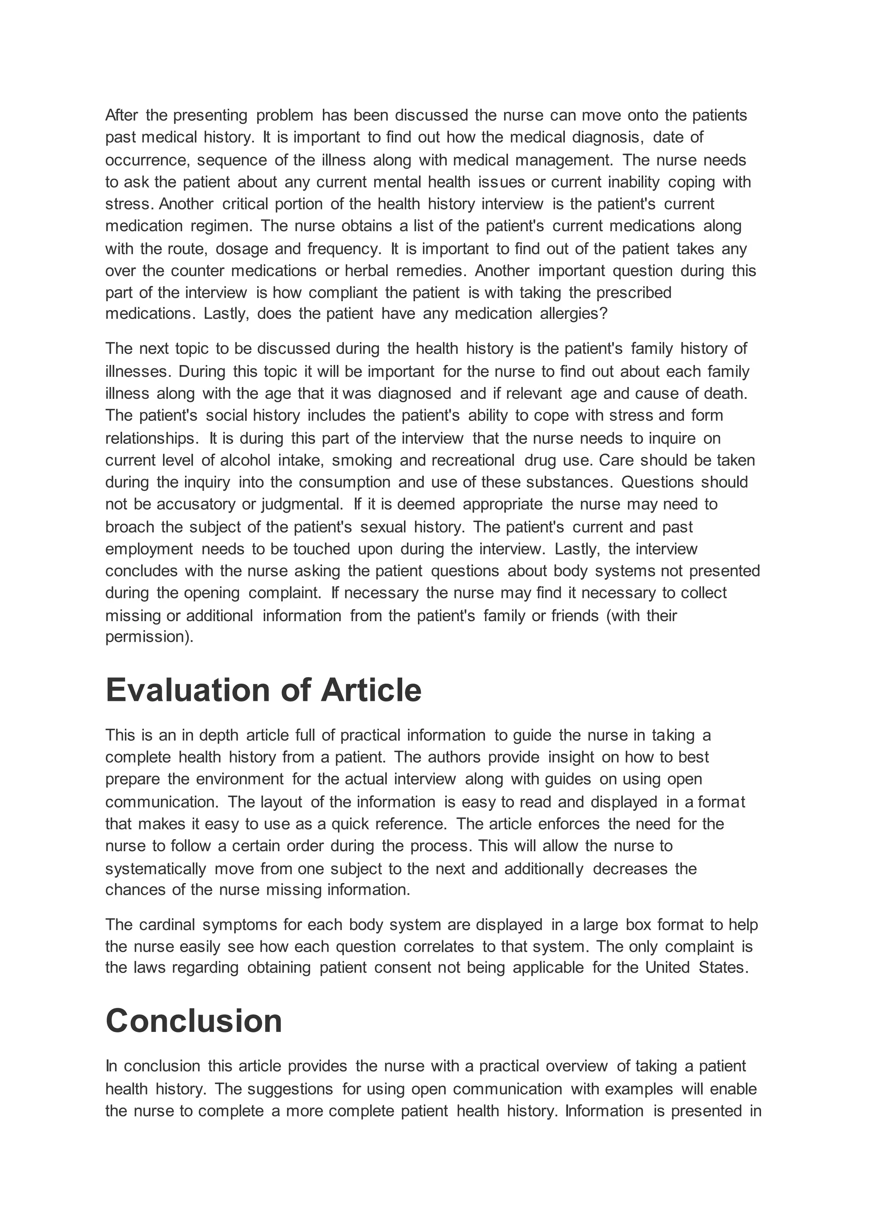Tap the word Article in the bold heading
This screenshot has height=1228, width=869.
(x=371, y=690)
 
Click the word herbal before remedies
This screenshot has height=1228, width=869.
(x=367, y=271)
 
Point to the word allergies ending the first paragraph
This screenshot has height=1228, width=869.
(x=574, y=314)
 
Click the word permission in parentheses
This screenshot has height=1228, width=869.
(x=147, y=637)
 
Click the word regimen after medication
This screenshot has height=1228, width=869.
(x=221, y=226)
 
